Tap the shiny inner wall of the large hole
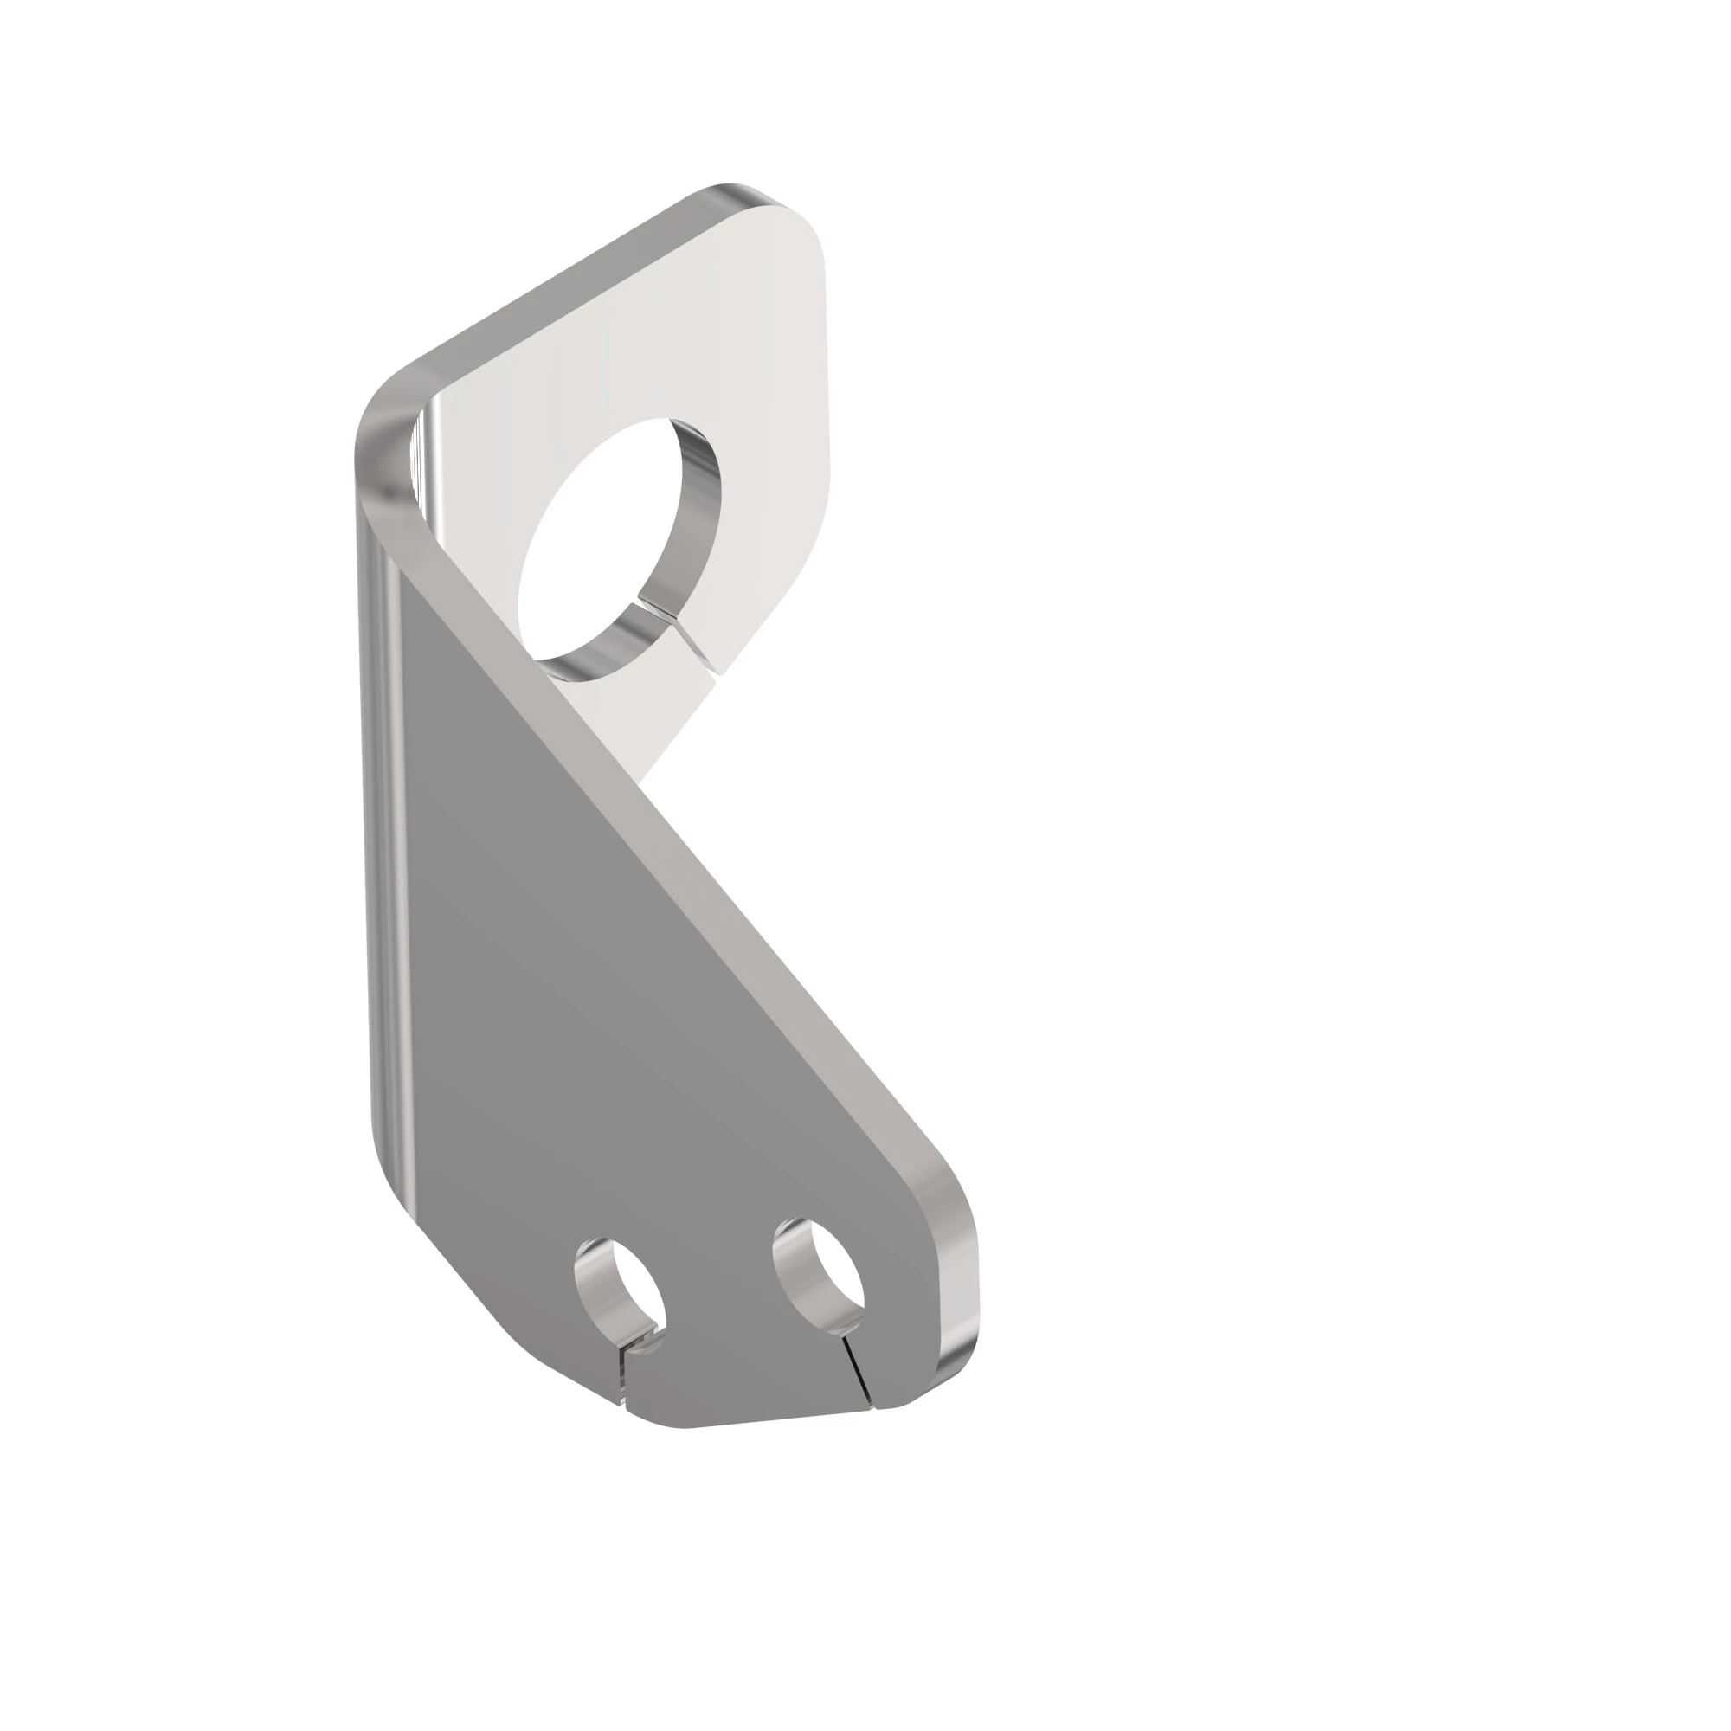click(698, 502)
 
